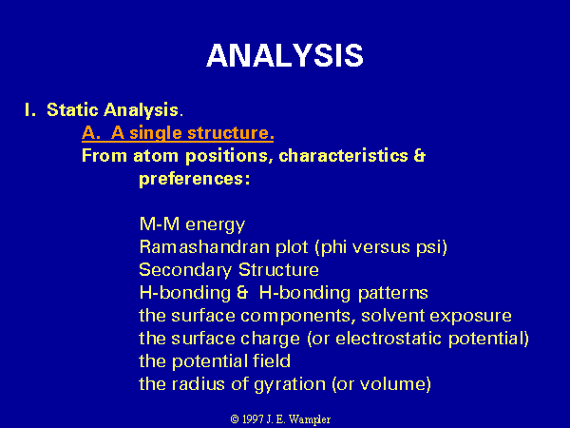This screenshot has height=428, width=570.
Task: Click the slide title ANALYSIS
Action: coord(285,55)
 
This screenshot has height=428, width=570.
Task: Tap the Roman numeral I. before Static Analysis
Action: coord(30,110)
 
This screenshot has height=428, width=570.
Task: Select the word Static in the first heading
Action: coord(72,110)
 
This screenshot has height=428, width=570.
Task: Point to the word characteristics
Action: coord(343,156)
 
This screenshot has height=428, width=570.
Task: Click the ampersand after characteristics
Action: coord(420,156)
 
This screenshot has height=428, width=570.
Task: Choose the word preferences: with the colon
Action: coord(195,180)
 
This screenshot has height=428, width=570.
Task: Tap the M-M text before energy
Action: coord(160,224)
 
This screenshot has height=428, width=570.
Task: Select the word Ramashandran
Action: coord(204,247)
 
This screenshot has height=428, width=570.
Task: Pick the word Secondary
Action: coord(185,270)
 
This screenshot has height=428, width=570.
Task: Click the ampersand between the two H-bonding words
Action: coord(242,293)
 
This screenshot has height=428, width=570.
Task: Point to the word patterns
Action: coord(393,293)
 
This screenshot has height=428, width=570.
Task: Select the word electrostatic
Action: coord(389,339)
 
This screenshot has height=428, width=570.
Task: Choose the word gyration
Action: coord(290,384)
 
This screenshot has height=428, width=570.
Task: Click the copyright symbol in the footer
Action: coord(235,419)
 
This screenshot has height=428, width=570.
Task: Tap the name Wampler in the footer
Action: coord(310,420)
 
